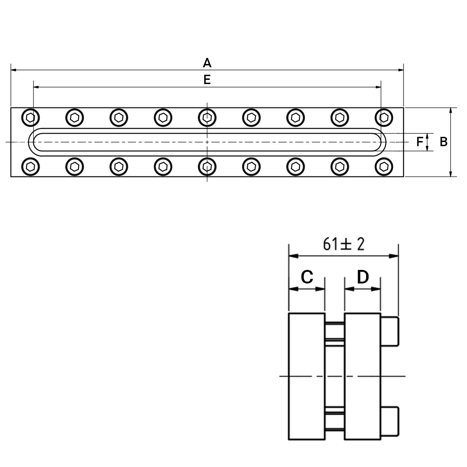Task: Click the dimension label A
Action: coord(207,63)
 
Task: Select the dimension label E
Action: coord(207,80)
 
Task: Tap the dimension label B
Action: coord(444,142)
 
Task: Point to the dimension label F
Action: coord(420,142)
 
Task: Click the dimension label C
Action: coord(307,276)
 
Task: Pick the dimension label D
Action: coord(363,276)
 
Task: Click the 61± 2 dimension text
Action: coord(344,244)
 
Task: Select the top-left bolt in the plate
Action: coord(30,118)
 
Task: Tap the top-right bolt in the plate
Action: coord(384,118)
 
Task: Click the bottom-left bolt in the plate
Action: coord(30,167)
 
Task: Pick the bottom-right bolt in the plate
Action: coord(384,167)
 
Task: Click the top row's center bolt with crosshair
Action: coord(207,118)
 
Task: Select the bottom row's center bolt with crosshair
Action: coord(207,167)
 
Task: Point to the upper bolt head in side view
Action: coord(389,332)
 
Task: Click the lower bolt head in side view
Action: coord(389,421)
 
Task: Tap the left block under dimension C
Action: coord(307,376)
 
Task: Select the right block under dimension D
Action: coord(362,376)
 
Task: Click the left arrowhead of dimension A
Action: coord(14,70)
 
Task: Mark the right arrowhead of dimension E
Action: coord(378,87)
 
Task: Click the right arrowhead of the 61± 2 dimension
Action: coord(394,256)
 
